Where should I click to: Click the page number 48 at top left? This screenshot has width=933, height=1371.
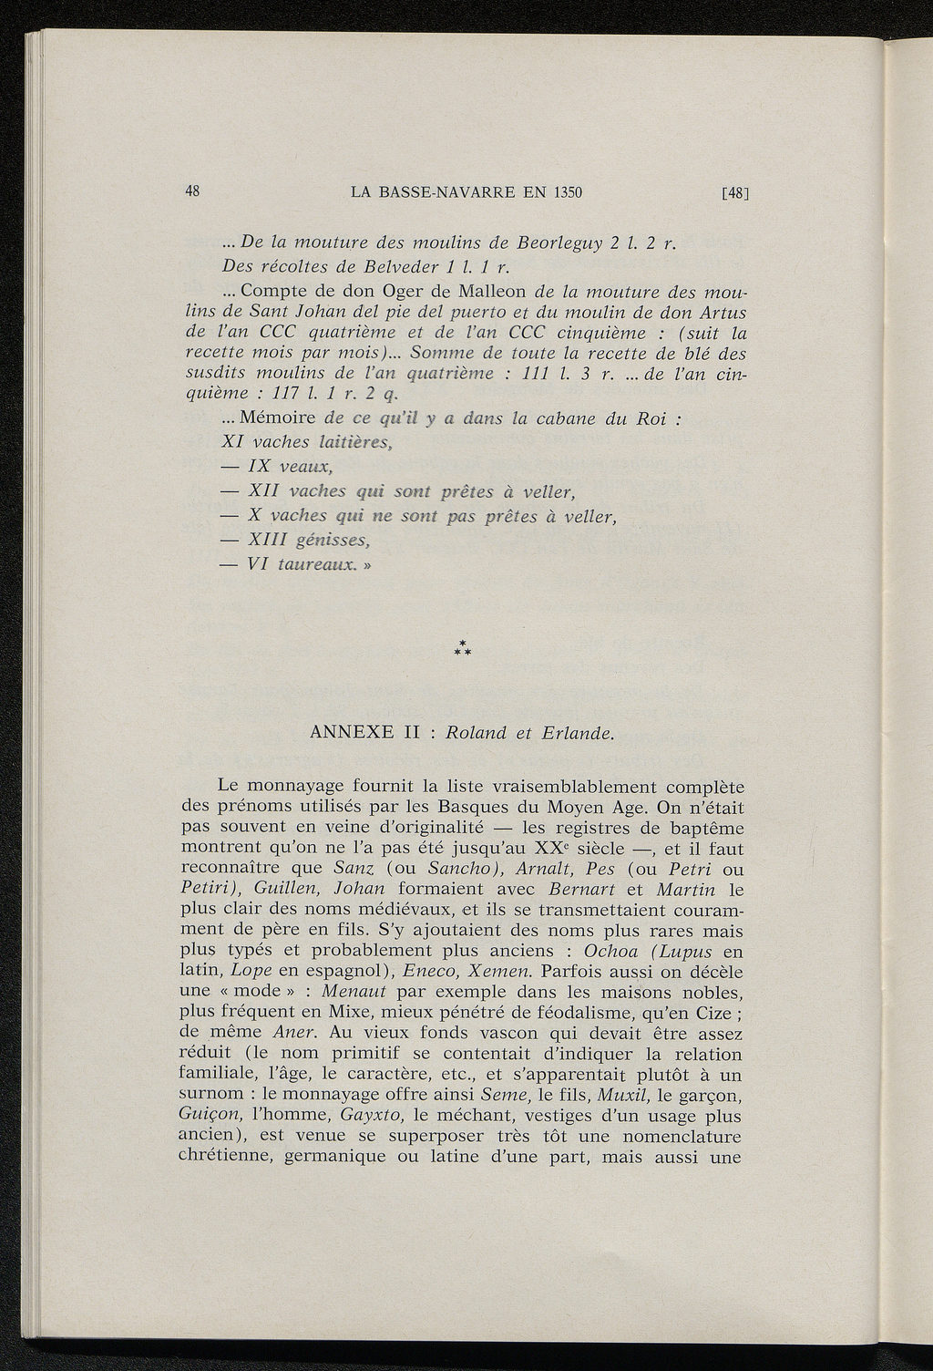coord(192,191)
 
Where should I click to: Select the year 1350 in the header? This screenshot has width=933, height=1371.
coord(564,192)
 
